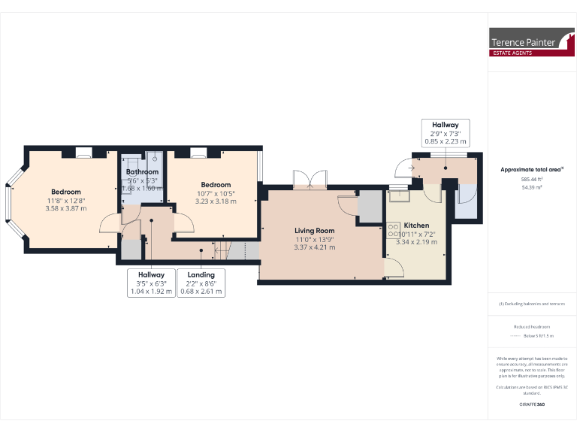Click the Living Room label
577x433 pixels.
tap(314, 231)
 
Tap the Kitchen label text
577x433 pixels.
tap(416, 226)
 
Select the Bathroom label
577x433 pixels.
tap(142, 172)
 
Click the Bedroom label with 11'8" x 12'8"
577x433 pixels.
tap(66, 192)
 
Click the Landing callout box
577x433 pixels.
tap(201, 283)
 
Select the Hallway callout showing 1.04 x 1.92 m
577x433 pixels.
tap(153, 283)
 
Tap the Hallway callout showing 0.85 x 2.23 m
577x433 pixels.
tap(444, 132)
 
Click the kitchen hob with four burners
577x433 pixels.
tap(393, 232)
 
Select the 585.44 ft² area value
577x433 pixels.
tap(532, 180)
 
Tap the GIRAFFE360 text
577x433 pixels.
tap(532, 404)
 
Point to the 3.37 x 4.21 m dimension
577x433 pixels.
tap(314, 247)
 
